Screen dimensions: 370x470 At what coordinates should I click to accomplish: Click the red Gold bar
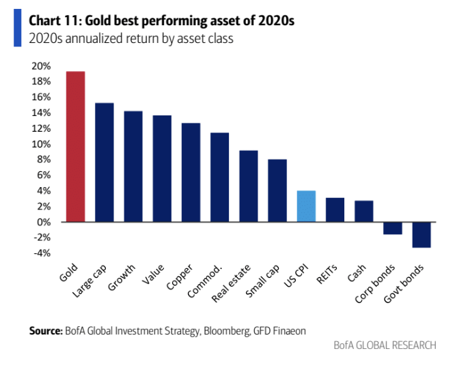(75, 147)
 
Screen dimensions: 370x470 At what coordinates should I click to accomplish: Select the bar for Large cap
(104, 162)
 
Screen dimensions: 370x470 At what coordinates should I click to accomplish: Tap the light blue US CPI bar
(306, 206)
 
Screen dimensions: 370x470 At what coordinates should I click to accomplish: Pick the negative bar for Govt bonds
(421, 235)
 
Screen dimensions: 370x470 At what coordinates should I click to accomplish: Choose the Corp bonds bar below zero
(393, 228)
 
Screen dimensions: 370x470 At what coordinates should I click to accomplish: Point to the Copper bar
(191, 173)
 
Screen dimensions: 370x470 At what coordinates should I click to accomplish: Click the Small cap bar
(277, 190)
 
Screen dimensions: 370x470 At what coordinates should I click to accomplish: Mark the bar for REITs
(335, 210)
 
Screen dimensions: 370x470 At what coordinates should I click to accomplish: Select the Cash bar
(364, 211)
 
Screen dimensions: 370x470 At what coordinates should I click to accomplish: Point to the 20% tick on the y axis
(41, 66)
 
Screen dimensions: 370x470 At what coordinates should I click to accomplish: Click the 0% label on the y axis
(44, 222)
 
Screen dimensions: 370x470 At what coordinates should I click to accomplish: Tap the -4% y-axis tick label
(41, 253)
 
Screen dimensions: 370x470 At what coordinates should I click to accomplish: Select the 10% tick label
(41, 144)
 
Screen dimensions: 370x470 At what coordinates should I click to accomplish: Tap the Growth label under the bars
(124, 276)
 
